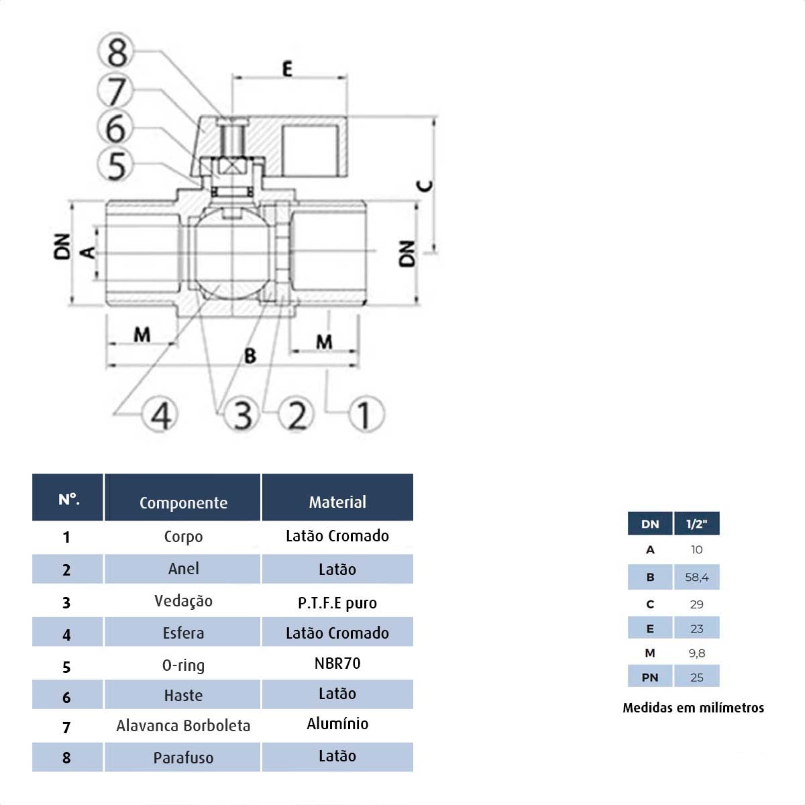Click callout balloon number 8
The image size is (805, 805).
[117, 52]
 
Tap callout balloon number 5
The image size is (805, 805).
[117, 165]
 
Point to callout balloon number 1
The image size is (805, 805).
[365, 414]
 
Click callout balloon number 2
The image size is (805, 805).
[297, 414]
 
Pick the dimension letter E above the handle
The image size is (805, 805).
[287, 68]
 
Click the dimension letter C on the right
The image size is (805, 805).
[425, 185]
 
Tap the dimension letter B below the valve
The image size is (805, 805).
[250, 355]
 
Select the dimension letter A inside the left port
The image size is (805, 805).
[88, 252]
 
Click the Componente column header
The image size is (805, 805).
[183, 502]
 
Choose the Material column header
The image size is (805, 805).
[337, 502]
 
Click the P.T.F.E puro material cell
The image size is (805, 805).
[337, 602]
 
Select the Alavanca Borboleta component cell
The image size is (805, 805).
[183, 725]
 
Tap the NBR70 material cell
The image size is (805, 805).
[337, 663]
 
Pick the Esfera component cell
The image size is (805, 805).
[183, 633]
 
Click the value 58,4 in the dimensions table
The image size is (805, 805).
[697, 577]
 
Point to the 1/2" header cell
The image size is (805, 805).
[697, 524]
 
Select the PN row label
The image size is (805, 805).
[649, 677]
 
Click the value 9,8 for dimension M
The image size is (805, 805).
[697, 653]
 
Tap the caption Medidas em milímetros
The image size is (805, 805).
[693, 708]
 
